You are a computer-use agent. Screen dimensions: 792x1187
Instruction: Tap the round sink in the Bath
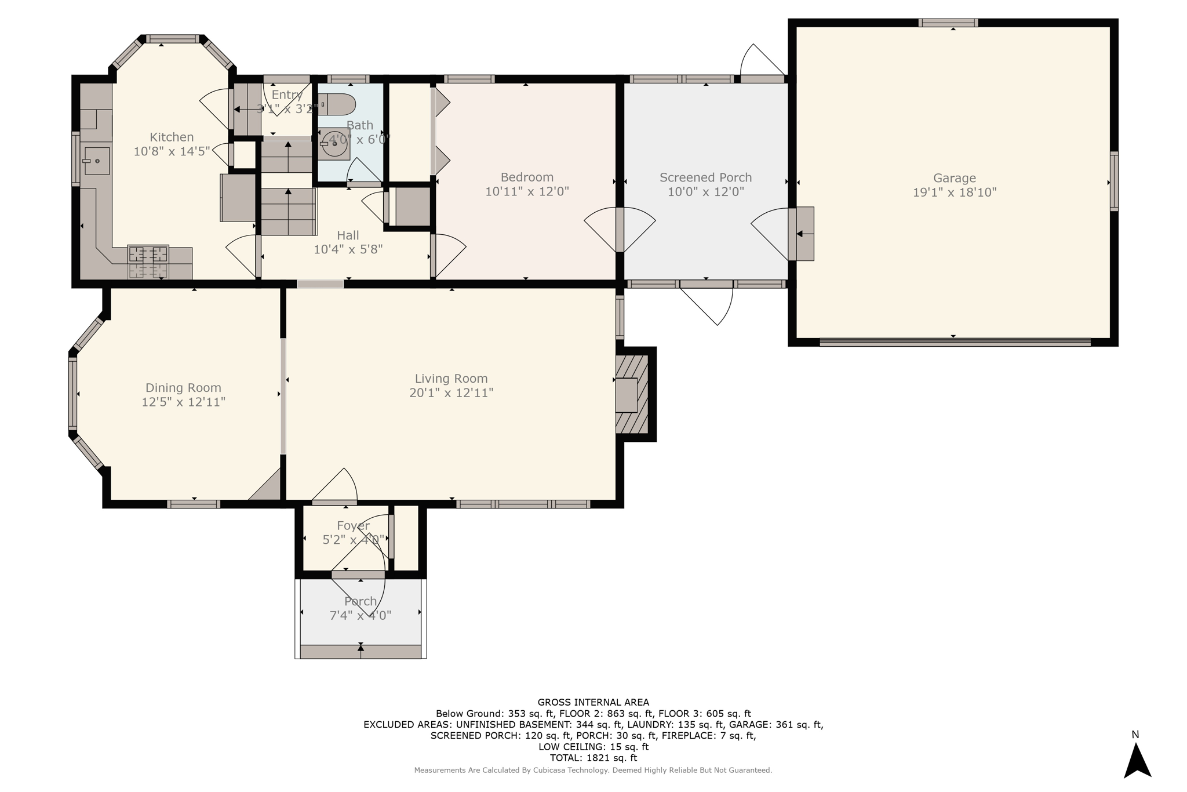(x=335, y=143)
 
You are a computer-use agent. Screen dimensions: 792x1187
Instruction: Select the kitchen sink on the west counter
(x=96, y=161)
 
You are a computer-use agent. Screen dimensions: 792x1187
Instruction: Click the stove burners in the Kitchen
(x=148, y=254)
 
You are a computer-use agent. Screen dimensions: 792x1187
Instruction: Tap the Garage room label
(x=954, y=178)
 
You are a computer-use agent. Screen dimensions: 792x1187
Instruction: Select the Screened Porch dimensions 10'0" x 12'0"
(x=705, y=192)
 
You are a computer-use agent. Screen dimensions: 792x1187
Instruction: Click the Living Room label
(x=451, y=379)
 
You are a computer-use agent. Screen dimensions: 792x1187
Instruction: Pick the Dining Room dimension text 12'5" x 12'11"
(x=183, y=402)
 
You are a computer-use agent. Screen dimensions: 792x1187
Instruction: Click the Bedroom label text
(x=527, y=177)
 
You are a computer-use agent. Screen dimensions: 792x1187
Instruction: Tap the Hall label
(x=348, y=235)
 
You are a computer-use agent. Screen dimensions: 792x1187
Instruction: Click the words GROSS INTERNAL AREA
(x=593, y=702)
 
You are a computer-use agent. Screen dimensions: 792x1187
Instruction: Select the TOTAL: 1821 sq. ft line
(x=593, y=758)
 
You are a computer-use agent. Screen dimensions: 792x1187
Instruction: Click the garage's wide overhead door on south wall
(x=955, y=342)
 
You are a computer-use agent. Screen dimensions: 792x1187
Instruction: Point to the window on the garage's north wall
(x=948, y=23)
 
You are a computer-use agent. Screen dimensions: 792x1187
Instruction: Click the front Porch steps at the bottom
(x=361, y=651)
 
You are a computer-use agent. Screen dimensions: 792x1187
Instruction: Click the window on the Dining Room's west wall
(x=73, y=394)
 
